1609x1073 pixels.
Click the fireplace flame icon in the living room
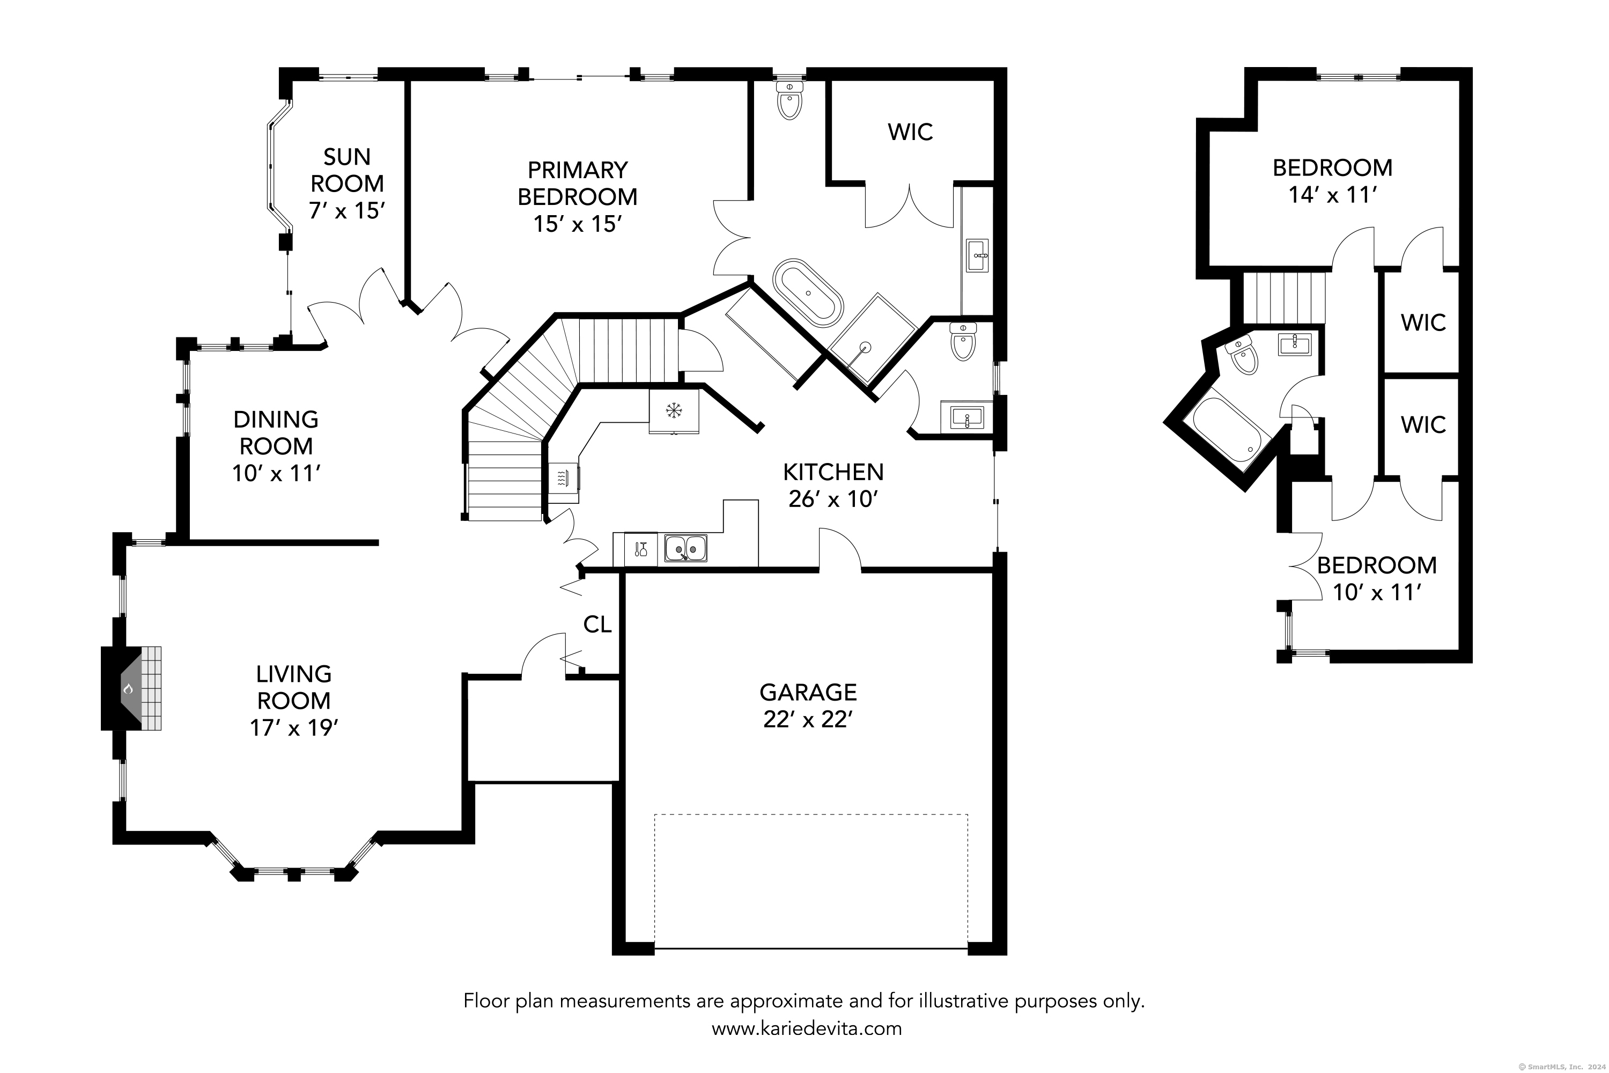coord(128,688)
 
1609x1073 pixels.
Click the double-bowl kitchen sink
coord(685,548)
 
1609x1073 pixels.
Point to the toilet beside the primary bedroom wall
coord(789,101)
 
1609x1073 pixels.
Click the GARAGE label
coord(808,693)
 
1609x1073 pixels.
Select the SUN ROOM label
coord(347,171)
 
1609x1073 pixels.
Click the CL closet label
coord(597,624)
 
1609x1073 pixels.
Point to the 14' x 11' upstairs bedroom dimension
coord(1332,195)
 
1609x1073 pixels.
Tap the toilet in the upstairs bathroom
coord(1242,356)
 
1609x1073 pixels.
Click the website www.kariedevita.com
coord(807,1028)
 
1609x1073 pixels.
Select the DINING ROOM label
coord(276,432)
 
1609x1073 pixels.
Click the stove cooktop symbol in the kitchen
coord(563,477)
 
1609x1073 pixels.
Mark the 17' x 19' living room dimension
coord(294,727)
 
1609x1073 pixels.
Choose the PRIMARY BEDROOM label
coord(578,183)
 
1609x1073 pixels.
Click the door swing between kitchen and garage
coord(839,547)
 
